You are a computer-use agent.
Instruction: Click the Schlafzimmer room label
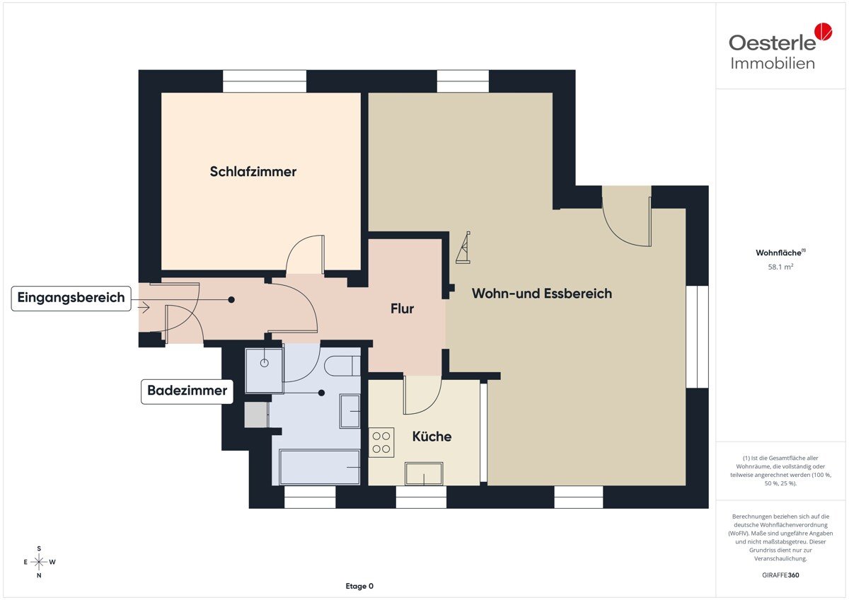point(253,172)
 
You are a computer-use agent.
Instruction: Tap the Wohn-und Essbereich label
point(542,294)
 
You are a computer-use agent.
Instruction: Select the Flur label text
point(402,308)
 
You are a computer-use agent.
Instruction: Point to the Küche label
point(432,437)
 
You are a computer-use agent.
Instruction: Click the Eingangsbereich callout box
point(71,299)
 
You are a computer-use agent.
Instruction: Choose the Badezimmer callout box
point(187,391)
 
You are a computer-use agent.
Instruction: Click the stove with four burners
point(381,442)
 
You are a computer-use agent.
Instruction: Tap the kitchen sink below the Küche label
point(424,473)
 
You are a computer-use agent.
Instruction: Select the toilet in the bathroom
point(342,366)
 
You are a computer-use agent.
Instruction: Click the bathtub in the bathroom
point(320,467)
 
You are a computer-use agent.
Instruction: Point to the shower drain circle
point(264,363)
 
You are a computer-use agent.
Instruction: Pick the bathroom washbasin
point(350,411)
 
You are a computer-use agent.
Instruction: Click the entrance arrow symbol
point(144,307)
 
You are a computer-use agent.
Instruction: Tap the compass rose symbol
point(39,562)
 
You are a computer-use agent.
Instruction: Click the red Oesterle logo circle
point(824,31)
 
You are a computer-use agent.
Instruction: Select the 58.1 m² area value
point(780,267)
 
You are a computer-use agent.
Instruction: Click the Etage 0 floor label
point(359,586)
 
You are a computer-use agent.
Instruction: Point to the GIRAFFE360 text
point(780,575)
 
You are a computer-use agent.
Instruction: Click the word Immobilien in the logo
point(773,63)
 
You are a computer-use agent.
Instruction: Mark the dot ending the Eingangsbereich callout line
point(231,300)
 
